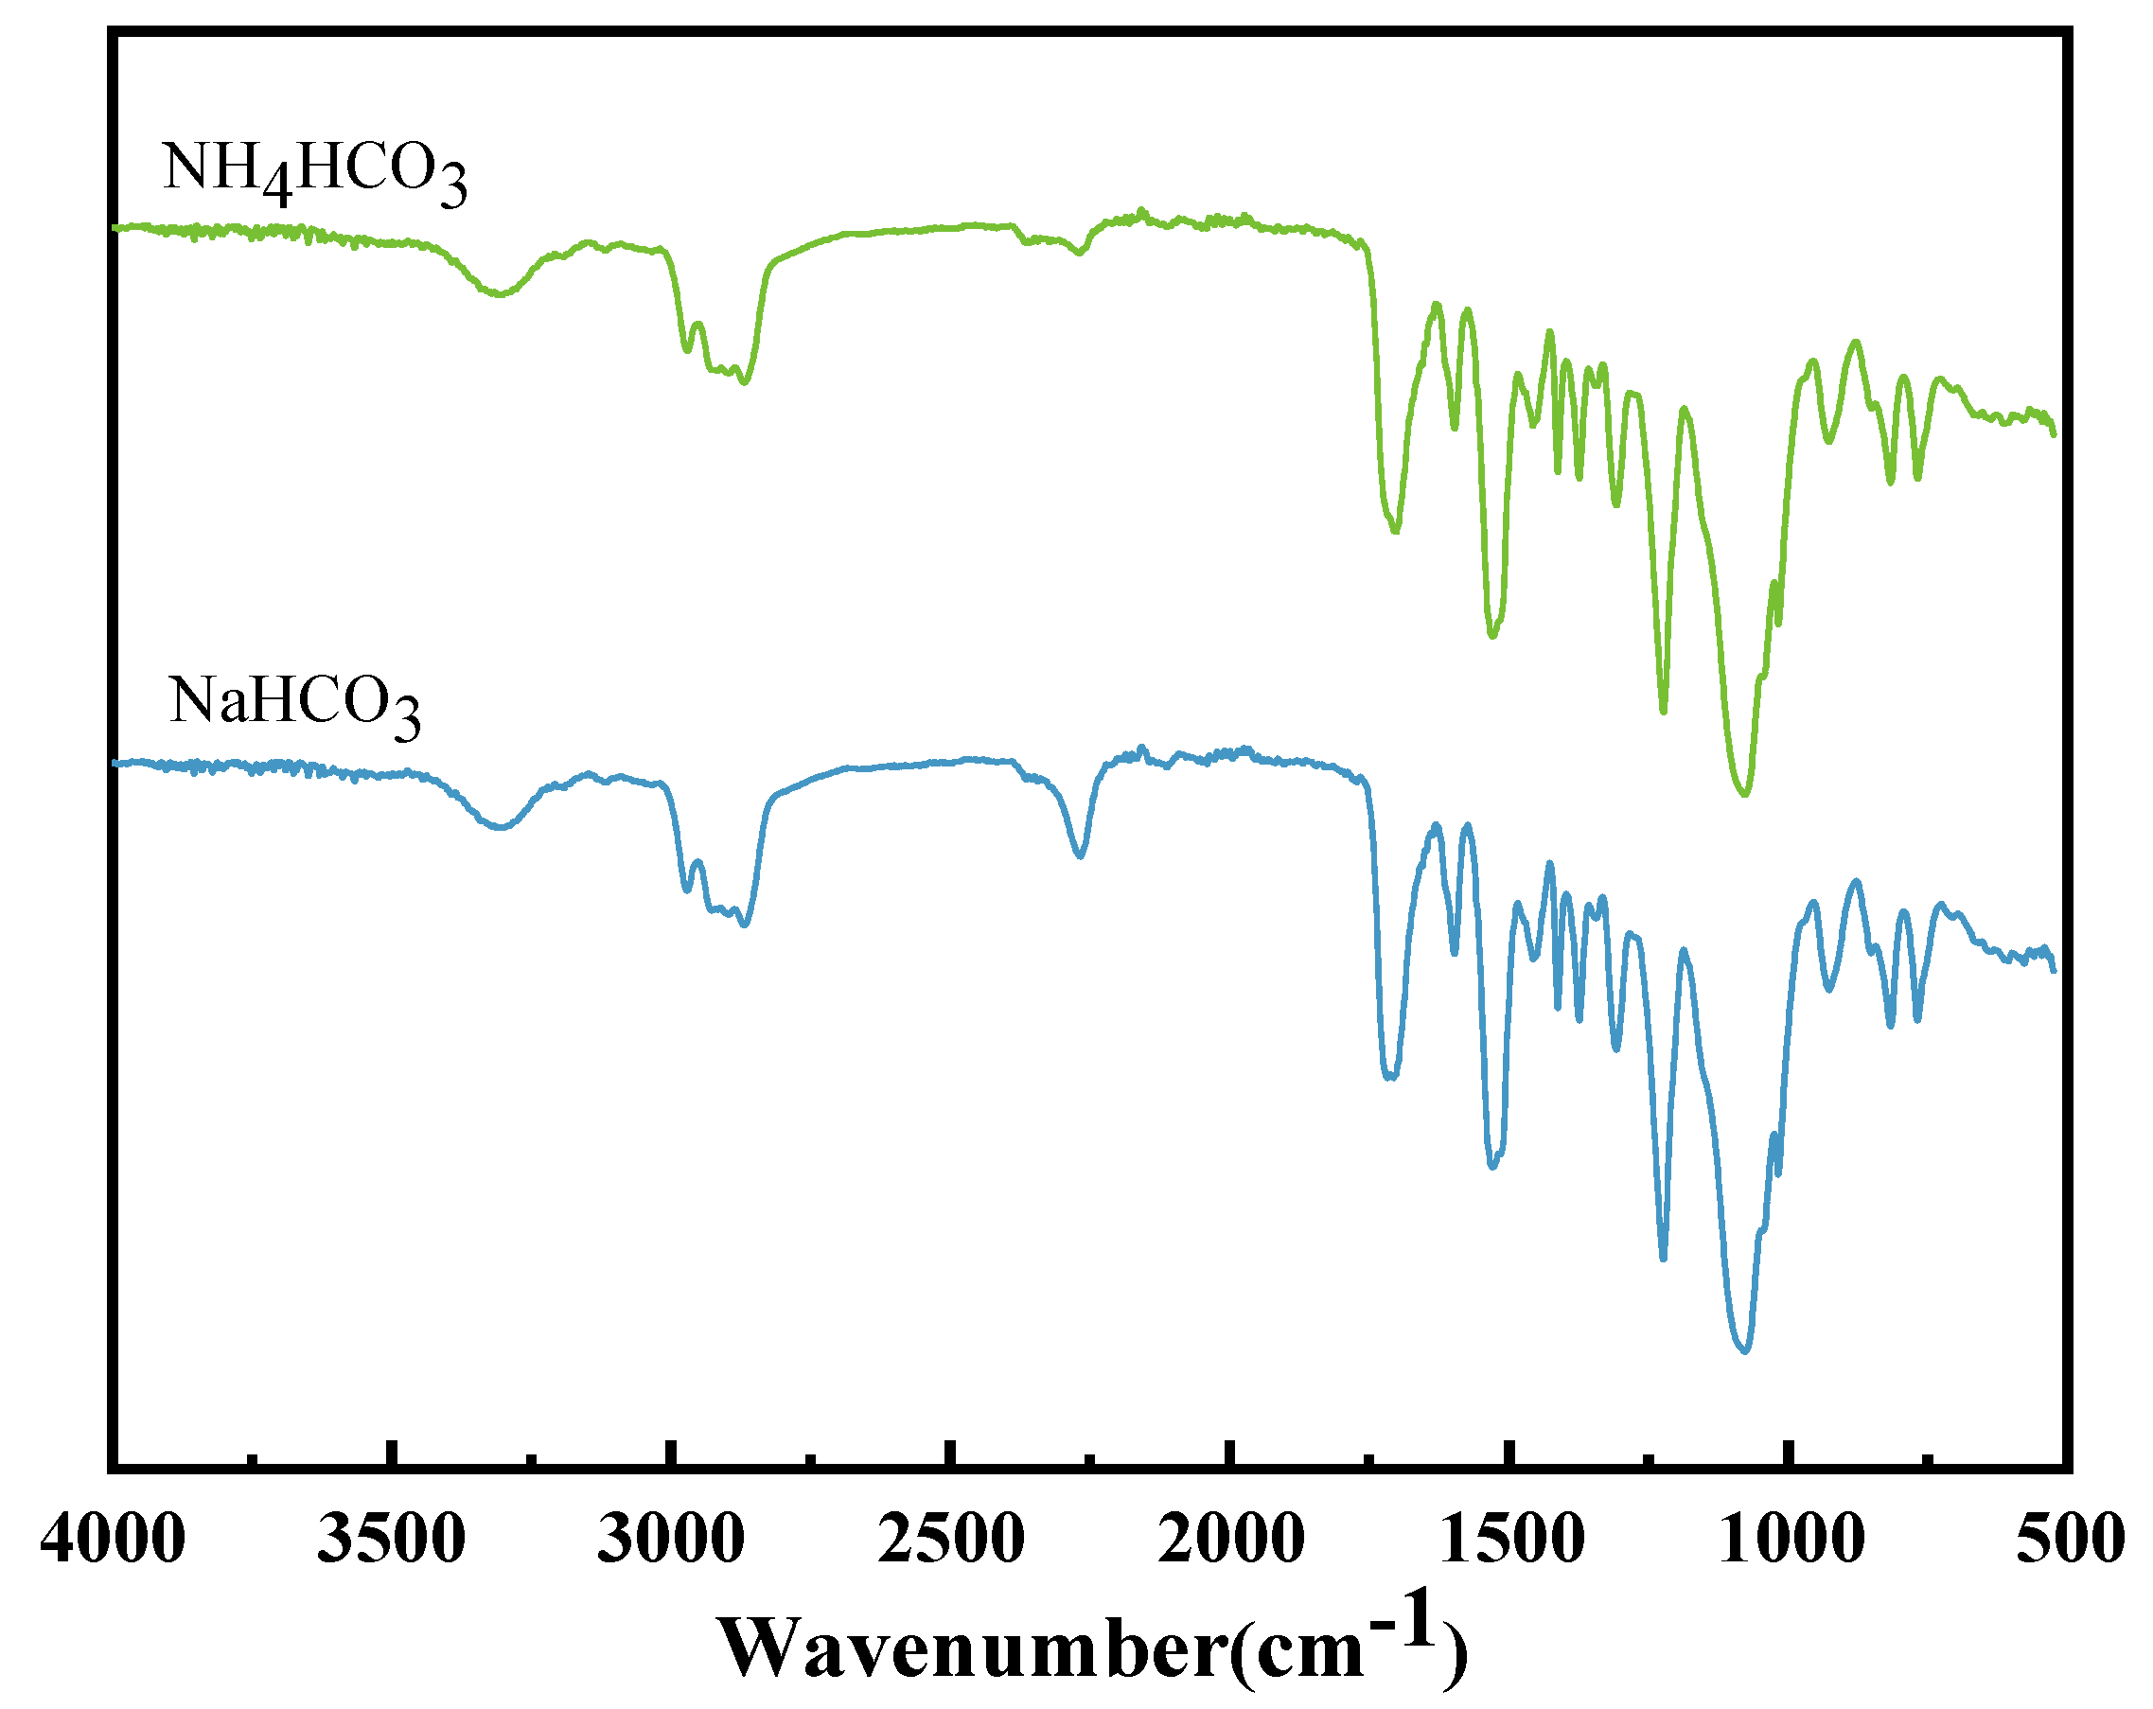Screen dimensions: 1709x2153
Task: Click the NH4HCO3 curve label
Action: (x=313, y=171)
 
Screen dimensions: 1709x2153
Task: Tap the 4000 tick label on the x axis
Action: (x=113, y=1539)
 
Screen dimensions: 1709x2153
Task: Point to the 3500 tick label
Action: (x=392, y=1539)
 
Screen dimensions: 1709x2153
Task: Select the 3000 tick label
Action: (x=671, y=1539)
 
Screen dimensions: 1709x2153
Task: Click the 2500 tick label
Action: (x=951, y=1539)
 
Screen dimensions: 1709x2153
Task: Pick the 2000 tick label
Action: (x=1230, y=1539)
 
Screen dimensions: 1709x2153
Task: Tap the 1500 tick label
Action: (x=1512, y=1539)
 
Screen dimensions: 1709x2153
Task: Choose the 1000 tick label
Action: (x=1791, y=1539)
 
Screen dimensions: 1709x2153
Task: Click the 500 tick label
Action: (x=2069, y=1539)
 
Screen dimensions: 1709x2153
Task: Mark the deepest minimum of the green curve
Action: (x=1743, y=795)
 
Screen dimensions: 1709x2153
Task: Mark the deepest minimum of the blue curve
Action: (x=1743, y=1350)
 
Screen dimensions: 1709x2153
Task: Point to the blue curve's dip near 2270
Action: (x=1080, y=854)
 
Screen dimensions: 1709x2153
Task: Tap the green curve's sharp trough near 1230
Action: (x=1663, y=711)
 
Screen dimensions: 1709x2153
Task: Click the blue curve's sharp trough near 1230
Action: (x=1663, y=1258)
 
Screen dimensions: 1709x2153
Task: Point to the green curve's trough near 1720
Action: (x=1395, y=530)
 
